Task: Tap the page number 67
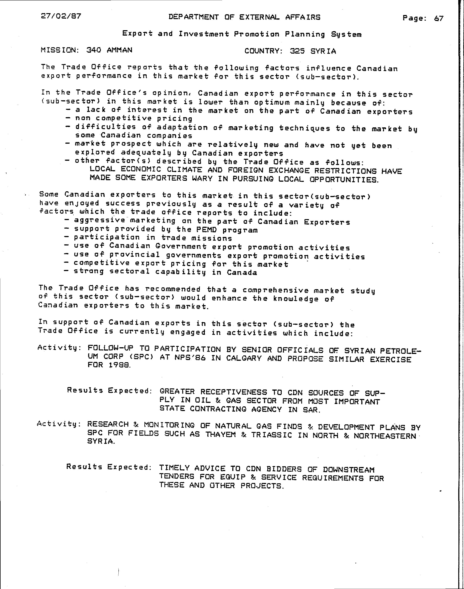click(439, 19)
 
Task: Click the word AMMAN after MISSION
click(120, 50)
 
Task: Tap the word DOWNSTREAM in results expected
click(349, 469)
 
